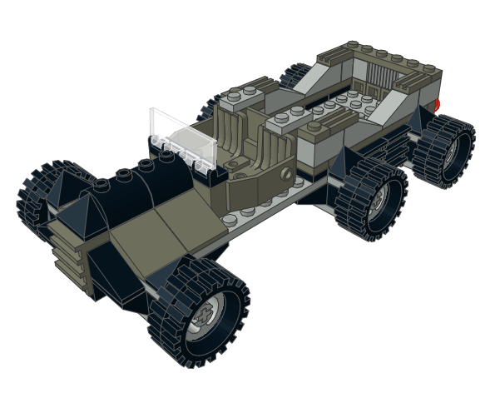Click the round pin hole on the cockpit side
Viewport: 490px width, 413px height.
tap(287, 175)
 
